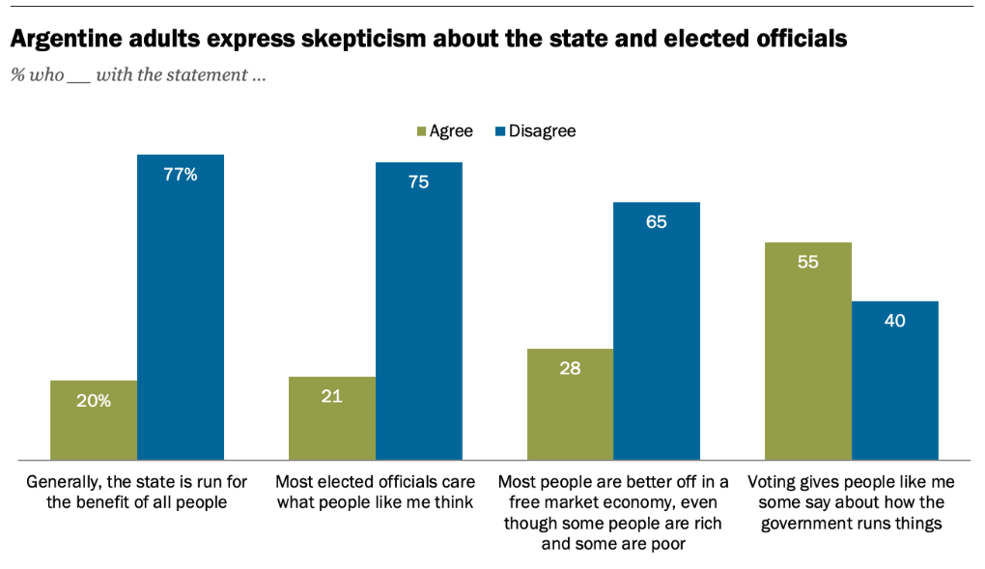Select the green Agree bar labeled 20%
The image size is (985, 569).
[93, 419]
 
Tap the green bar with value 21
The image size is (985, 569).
[331, 417]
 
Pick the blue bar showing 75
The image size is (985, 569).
[418, 310]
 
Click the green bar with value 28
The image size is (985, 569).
[570, 404]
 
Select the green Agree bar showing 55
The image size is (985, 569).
[808, 351]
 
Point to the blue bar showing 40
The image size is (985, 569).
[895, 380]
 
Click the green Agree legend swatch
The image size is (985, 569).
[421, 131]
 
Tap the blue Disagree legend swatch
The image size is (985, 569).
[500, 131]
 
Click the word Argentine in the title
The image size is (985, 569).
[68, 40]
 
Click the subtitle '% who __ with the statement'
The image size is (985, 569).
[138, 75]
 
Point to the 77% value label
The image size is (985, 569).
[181, 175]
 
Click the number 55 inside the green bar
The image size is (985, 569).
[808, 262]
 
